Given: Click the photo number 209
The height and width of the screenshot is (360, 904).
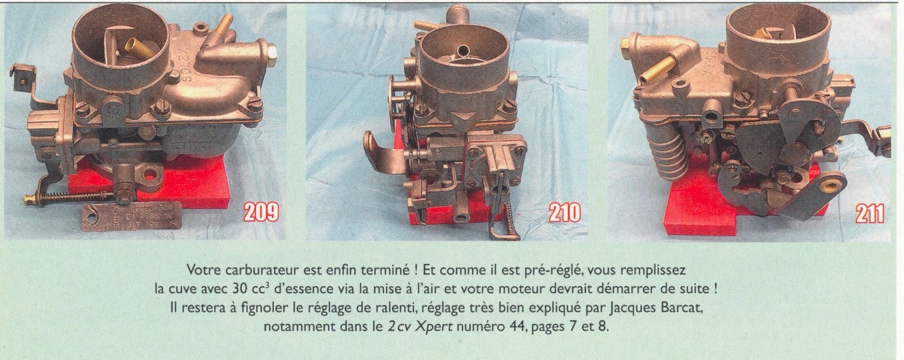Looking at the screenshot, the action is [x=260, y=212].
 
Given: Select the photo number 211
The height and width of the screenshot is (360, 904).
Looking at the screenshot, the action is [x=869, y=213].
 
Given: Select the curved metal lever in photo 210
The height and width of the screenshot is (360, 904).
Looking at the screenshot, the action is [x=383, y=152].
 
